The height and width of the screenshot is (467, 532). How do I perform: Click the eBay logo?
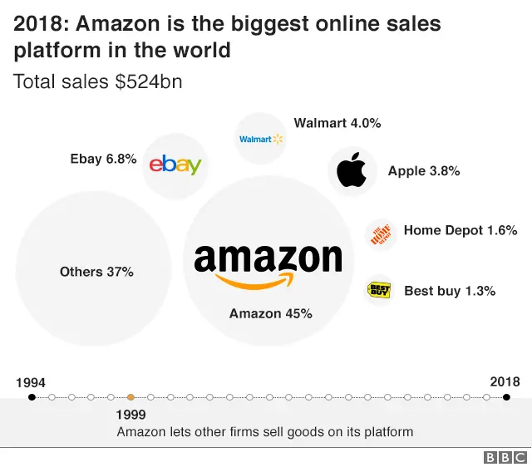[175, 165]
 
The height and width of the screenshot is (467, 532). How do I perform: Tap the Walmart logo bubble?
[261, 139]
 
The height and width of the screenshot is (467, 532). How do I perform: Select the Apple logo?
[352, 171]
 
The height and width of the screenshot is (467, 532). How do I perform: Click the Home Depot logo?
[380, 233]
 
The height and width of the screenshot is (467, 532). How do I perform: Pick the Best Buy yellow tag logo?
[379, 290]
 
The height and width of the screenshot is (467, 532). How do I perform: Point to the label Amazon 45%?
[270, 313]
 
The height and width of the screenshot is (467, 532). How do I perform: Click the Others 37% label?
[96, 272]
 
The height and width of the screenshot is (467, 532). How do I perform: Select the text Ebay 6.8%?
[103, 159]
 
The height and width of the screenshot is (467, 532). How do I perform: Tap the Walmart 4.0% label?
[337, 123]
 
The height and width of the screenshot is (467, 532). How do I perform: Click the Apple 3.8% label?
[424, 171]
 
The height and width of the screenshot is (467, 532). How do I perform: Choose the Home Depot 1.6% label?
[461, 230]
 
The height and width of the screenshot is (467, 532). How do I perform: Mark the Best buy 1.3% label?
[450, 291]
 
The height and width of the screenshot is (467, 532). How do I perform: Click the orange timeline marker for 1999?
[131, 397]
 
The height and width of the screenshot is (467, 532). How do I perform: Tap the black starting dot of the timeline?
[32, 397]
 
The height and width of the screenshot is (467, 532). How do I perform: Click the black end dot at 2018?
[506, 397]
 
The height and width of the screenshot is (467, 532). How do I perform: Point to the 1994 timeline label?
[31, 383]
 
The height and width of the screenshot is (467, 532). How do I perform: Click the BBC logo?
[505, 457]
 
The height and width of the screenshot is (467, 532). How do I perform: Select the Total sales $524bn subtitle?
[97, 81]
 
